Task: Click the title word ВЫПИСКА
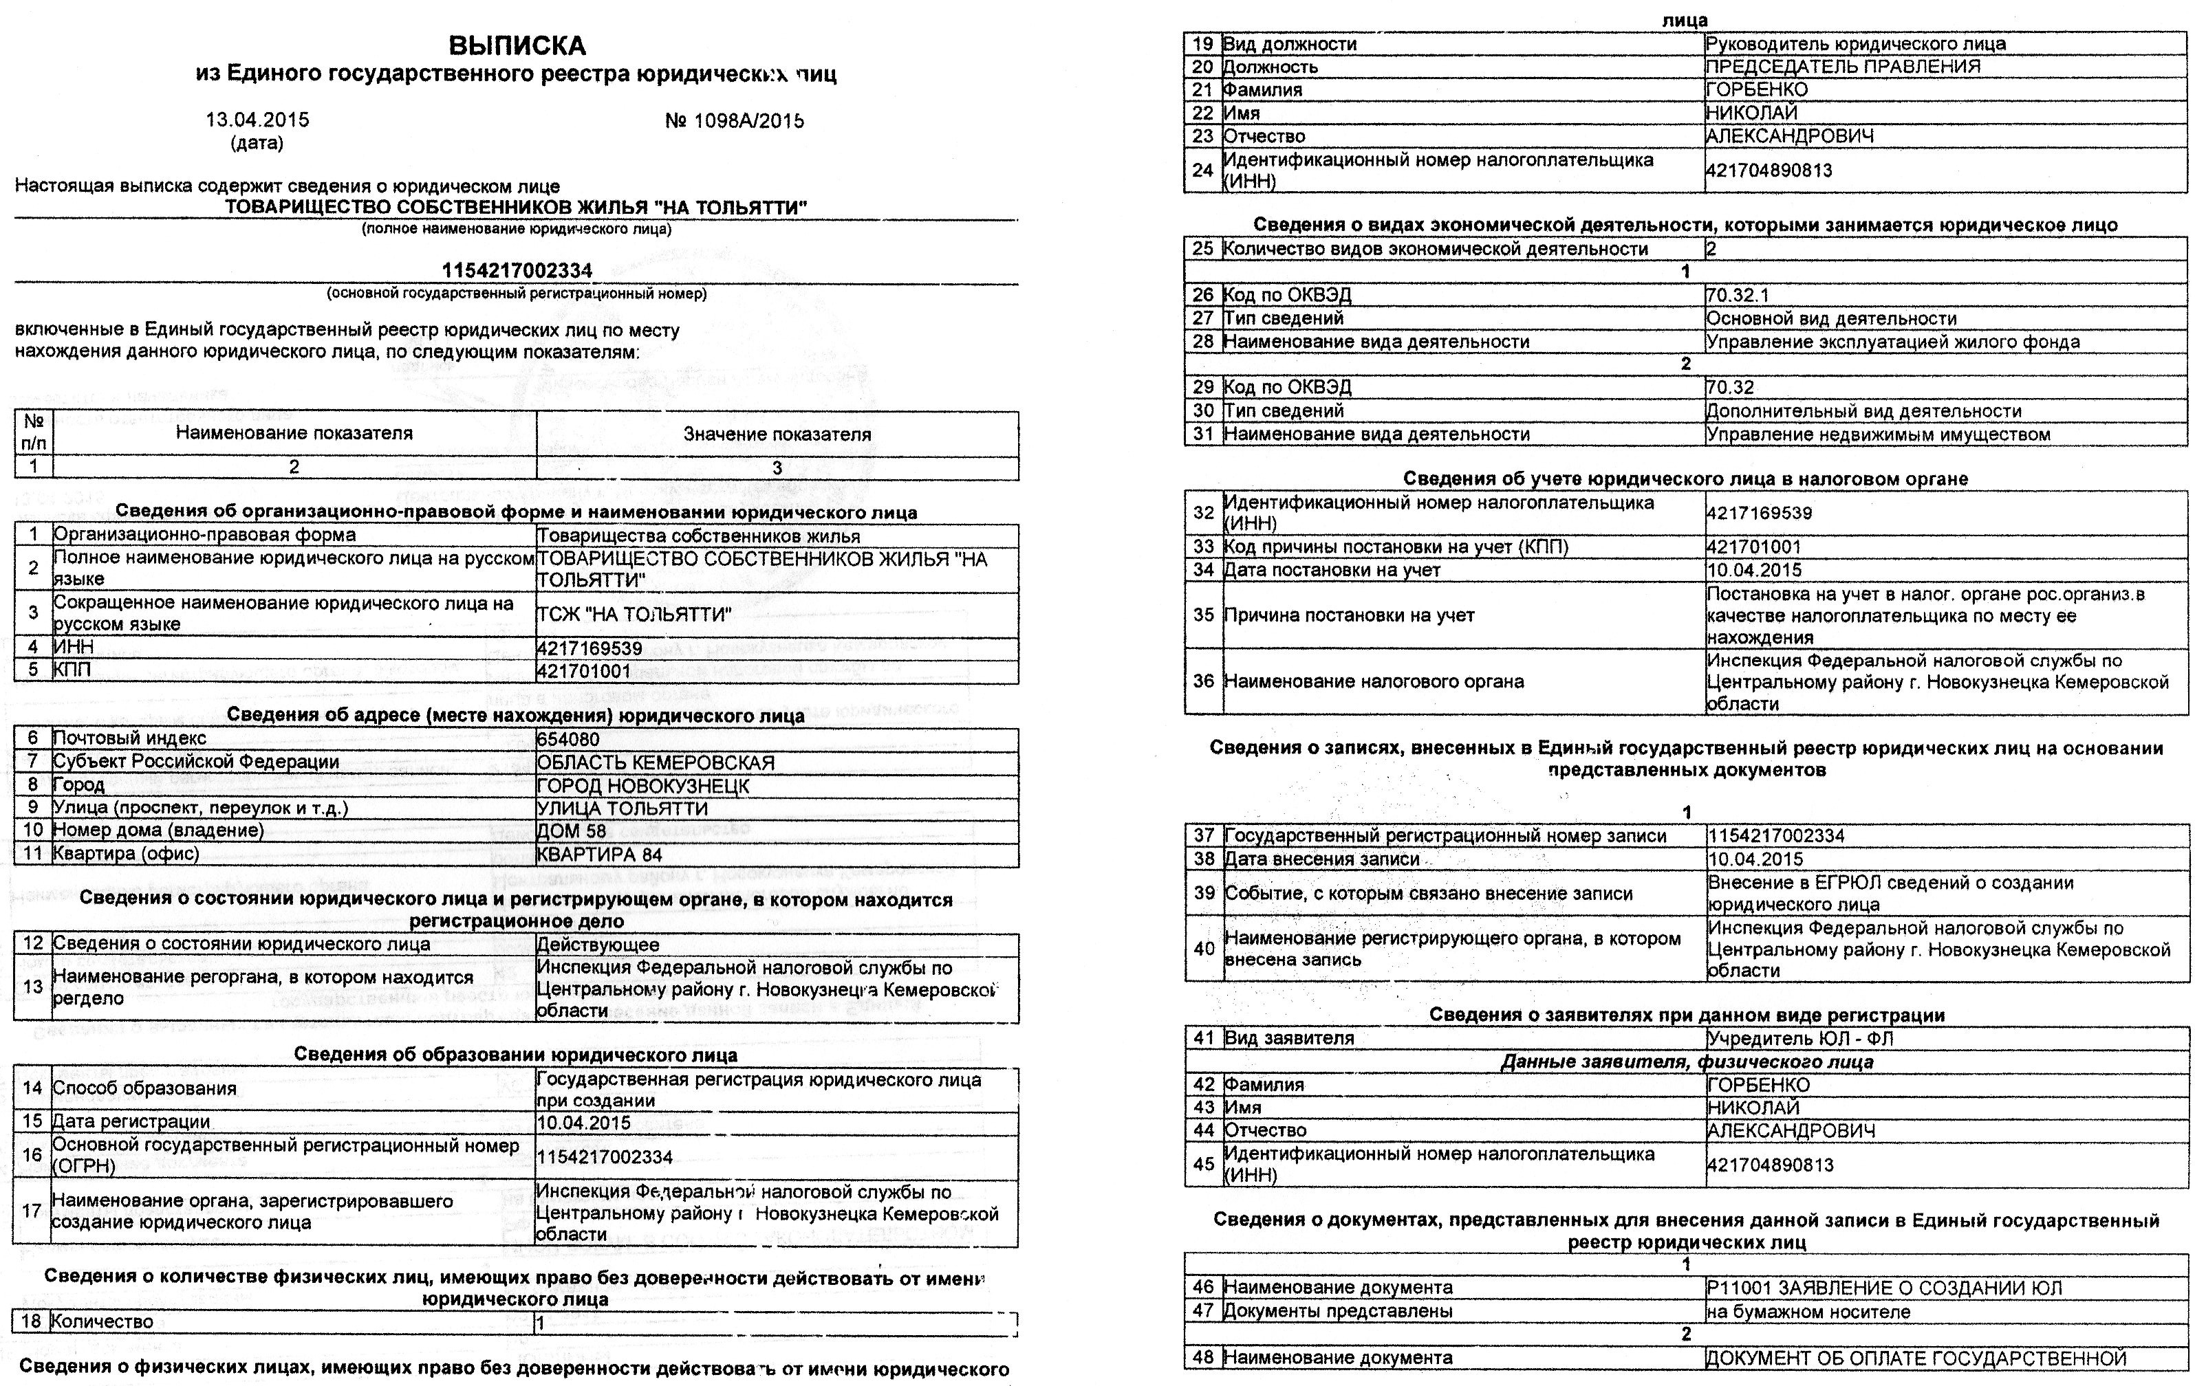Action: point(517,45)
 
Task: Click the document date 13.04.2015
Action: point(257,120)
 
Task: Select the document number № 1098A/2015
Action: point(734,121)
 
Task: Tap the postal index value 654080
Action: point(568,739)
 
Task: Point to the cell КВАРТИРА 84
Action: point(599,855)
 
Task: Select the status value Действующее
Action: point(598,945)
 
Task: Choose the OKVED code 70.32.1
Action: point(1738,295)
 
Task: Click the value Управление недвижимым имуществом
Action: point(1878,434)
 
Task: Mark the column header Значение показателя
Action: point(777,434)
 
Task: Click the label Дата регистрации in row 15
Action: point(131,1122)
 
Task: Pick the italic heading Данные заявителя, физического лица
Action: point(1687,1062)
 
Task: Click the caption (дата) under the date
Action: point(257,143)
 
